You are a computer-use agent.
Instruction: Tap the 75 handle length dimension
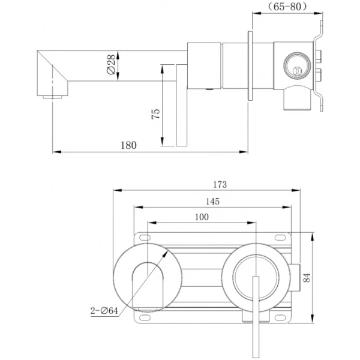[155, 115]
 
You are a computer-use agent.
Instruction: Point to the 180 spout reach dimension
[128, 145]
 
